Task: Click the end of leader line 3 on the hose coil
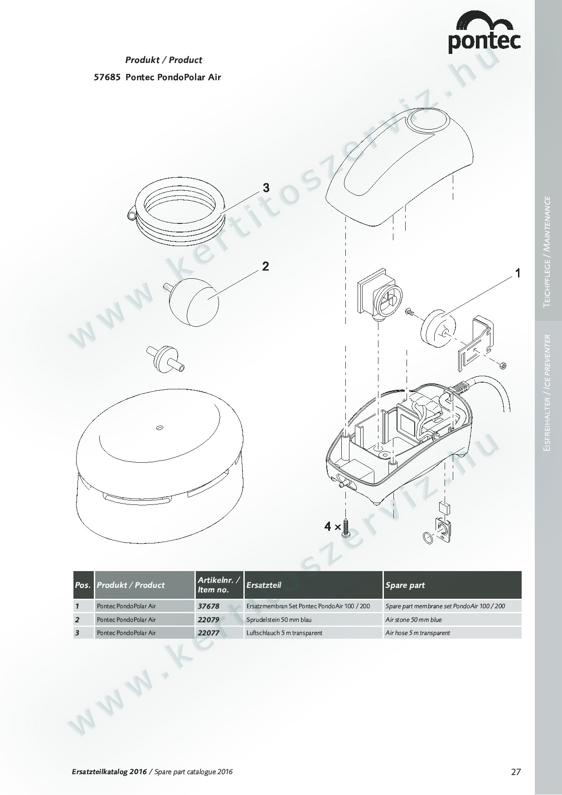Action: [x=221, y=213]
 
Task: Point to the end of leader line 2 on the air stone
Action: [x=208, y=299]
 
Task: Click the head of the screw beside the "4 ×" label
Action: [x=346, y=534]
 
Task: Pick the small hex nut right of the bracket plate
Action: [x=503, y=365]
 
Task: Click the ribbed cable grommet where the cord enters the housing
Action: [x=460, y=388]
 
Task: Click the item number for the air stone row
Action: [x=208, y=620]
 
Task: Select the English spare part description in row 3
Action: [x=417, y=633]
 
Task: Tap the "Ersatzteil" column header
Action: [x=264, y=585]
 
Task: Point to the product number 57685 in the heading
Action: [x=107, y=77]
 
